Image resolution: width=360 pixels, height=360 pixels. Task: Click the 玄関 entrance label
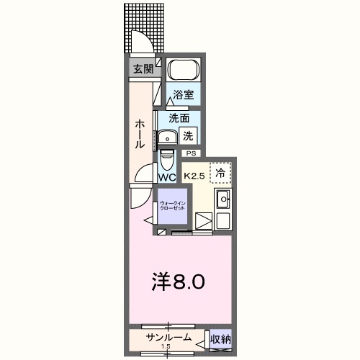(x=141, y=69)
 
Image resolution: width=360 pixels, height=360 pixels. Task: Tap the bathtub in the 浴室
(x=183, y=71)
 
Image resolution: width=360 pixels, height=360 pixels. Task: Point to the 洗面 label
(x=179, y=118)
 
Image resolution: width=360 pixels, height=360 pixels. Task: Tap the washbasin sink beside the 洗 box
(x=168, y=136)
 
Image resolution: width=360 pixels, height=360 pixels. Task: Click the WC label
(x=166, y=176)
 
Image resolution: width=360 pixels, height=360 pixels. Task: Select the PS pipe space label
(x=191, y=153)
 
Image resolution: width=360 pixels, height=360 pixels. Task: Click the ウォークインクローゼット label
(x=173, y=205)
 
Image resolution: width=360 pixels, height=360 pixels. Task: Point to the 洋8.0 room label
(x=181, y=281)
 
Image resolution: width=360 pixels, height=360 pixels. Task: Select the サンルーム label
(x=168, y=338)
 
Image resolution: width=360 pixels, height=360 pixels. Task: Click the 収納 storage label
(x=220, y=338)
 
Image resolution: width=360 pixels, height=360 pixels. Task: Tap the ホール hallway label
(x=140, y=134)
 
